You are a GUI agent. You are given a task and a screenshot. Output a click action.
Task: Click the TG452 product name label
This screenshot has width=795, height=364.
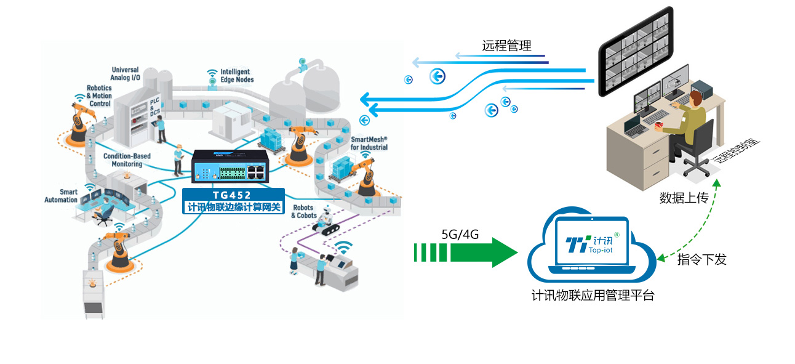click(233, 195)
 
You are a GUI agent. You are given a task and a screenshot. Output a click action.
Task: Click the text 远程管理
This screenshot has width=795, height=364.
click(506, 46)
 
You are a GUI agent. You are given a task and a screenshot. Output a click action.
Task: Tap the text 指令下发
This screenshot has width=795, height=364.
click(701, 259)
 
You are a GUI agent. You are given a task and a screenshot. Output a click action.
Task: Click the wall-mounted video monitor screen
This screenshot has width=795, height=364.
click(636, 52)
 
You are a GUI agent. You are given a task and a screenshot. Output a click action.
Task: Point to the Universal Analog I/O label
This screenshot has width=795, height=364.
click(124, 74)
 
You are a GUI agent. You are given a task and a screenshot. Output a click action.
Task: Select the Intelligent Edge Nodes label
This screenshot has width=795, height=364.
click(237, 76)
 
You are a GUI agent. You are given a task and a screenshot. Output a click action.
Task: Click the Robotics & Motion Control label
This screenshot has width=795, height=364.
click(99, 96)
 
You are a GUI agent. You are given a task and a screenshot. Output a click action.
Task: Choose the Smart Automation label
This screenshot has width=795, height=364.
click(61, 196)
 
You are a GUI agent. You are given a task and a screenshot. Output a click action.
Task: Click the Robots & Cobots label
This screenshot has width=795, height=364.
click(304, 212)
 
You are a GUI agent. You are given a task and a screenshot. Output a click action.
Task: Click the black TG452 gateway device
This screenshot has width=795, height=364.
click(229, 166)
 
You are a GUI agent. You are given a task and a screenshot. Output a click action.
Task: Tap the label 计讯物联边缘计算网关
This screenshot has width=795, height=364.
click(234, 208)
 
